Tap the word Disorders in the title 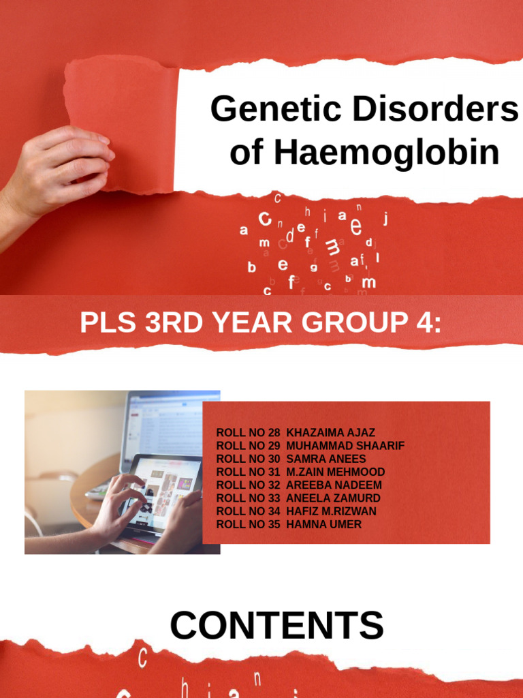click(x=440, y=110)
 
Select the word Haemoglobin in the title click(x=387, y=153)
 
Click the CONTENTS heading click(x=276, y=626)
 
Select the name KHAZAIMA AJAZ click(x=331, y=433)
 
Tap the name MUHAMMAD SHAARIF click(x=346, y=446)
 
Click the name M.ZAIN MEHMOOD click(x=336, y=472)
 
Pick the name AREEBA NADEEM click(x=334, y=485)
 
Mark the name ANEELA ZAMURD click(x=333, y=498)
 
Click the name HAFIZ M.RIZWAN click(x=332, y=511)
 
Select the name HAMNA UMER click(x=324, y=524)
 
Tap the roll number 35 click(x=274, y=524)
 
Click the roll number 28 click(x=274, y=433)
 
